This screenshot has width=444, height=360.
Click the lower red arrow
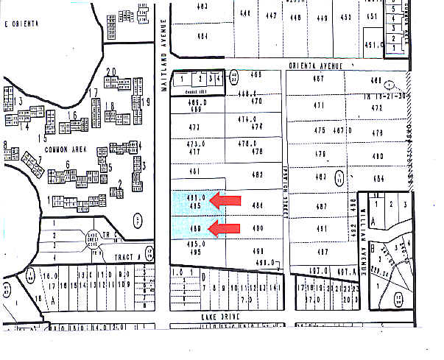223,229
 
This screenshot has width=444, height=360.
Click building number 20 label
112,71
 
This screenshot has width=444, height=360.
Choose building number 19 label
147,102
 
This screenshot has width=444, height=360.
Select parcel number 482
257,174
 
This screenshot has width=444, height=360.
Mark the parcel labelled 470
257,102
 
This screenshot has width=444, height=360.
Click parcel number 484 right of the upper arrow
258,205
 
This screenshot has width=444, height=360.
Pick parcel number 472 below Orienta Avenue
378,107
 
